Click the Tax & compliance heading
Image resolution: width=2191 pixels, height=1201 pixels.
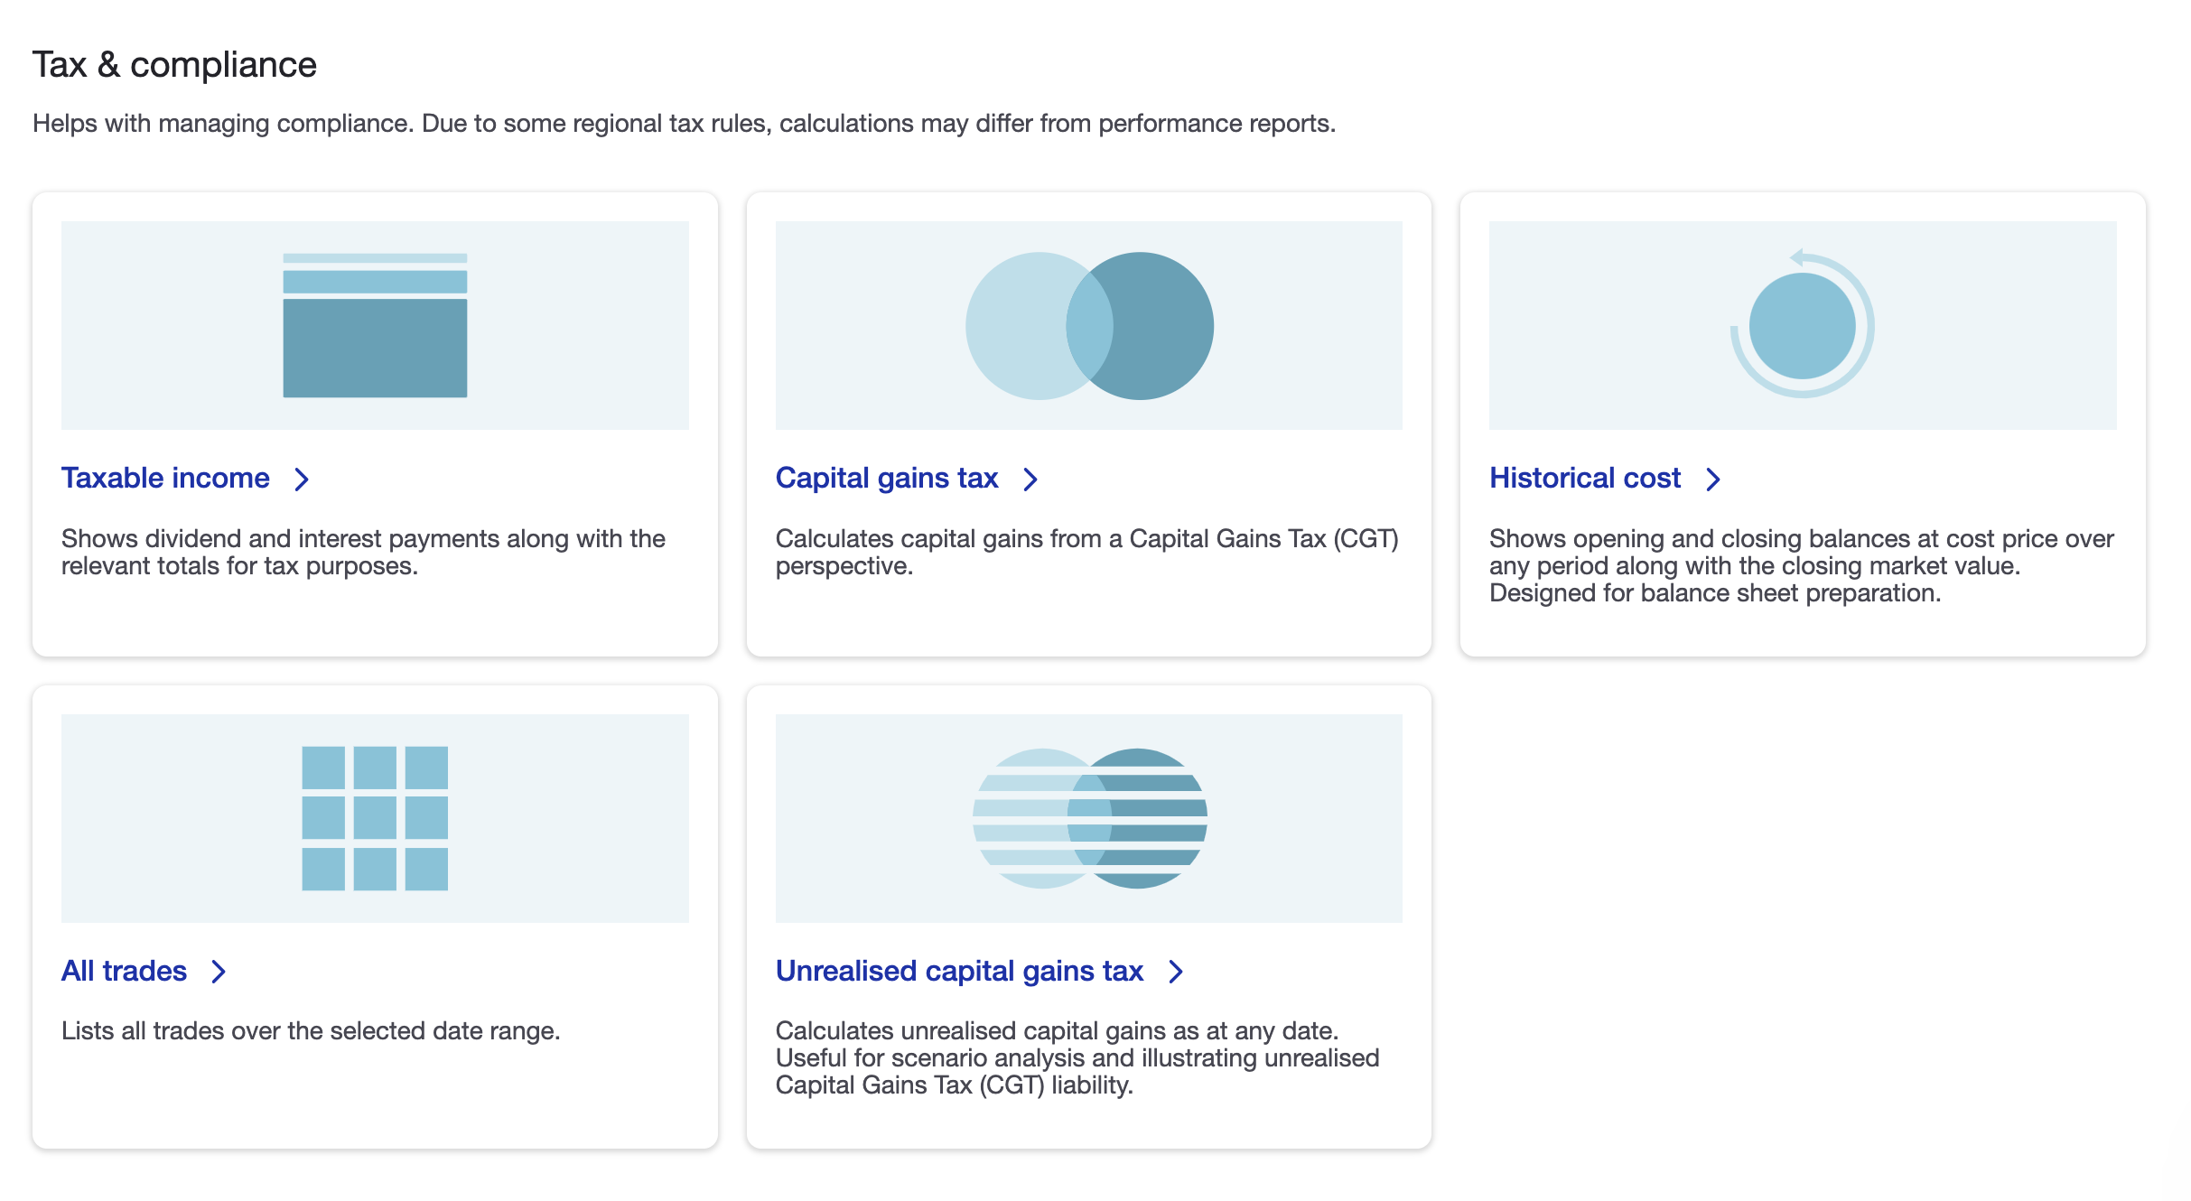click(174, 65)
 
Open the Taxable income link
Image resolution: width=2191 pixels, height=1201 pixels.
click(165, 478)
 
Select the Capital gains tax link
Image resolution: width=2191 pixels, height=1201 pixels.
click(887, 478)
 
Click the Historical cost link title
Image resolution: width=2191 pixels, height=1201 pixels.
click(1585, 478)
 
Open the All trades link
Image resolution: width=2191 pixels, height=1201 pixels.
click(124, 971)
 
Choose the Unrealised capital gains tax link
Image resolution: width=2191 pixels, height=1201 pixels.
click(959, 971)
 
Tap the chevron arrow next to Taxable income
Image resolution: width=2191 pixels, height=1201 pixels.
click(302, 479)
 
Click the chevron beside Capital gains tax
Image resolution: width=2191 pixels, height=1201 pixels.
click(1030, 479)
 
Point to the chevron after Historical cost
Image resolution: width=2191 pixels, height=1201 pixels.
click(1713, 479)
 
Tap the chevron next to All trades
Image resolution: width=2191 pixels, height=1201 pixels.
click(219, 972)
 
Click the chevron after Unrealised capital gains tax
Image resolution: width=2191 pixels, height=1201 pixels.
click(1176, 972)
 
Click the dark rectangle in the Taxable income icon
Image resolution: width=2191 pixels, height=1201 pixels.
click(375, 348)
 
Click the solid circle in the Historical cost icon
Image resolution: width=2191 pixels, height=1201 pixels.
click(1803, 326)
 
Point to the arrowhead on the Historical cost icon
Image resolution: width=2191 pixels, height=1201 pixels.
click(1797, 257)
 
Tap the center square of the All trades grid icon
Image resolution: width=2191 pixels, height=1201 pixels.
click(375, 818)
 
